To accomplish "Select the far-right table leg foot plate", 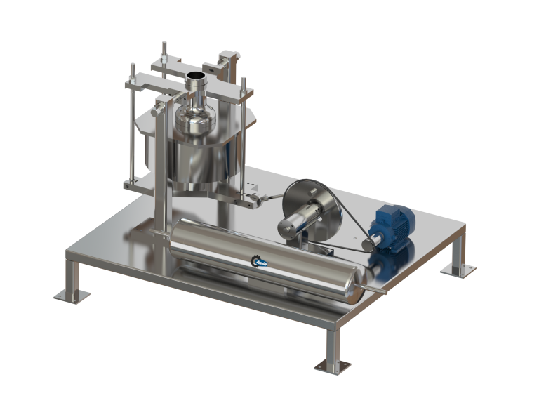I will [456, 269].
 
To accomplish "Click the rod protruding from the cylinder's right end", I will [379, 288].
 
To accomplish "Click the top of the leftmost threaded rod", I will [131, 67].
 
